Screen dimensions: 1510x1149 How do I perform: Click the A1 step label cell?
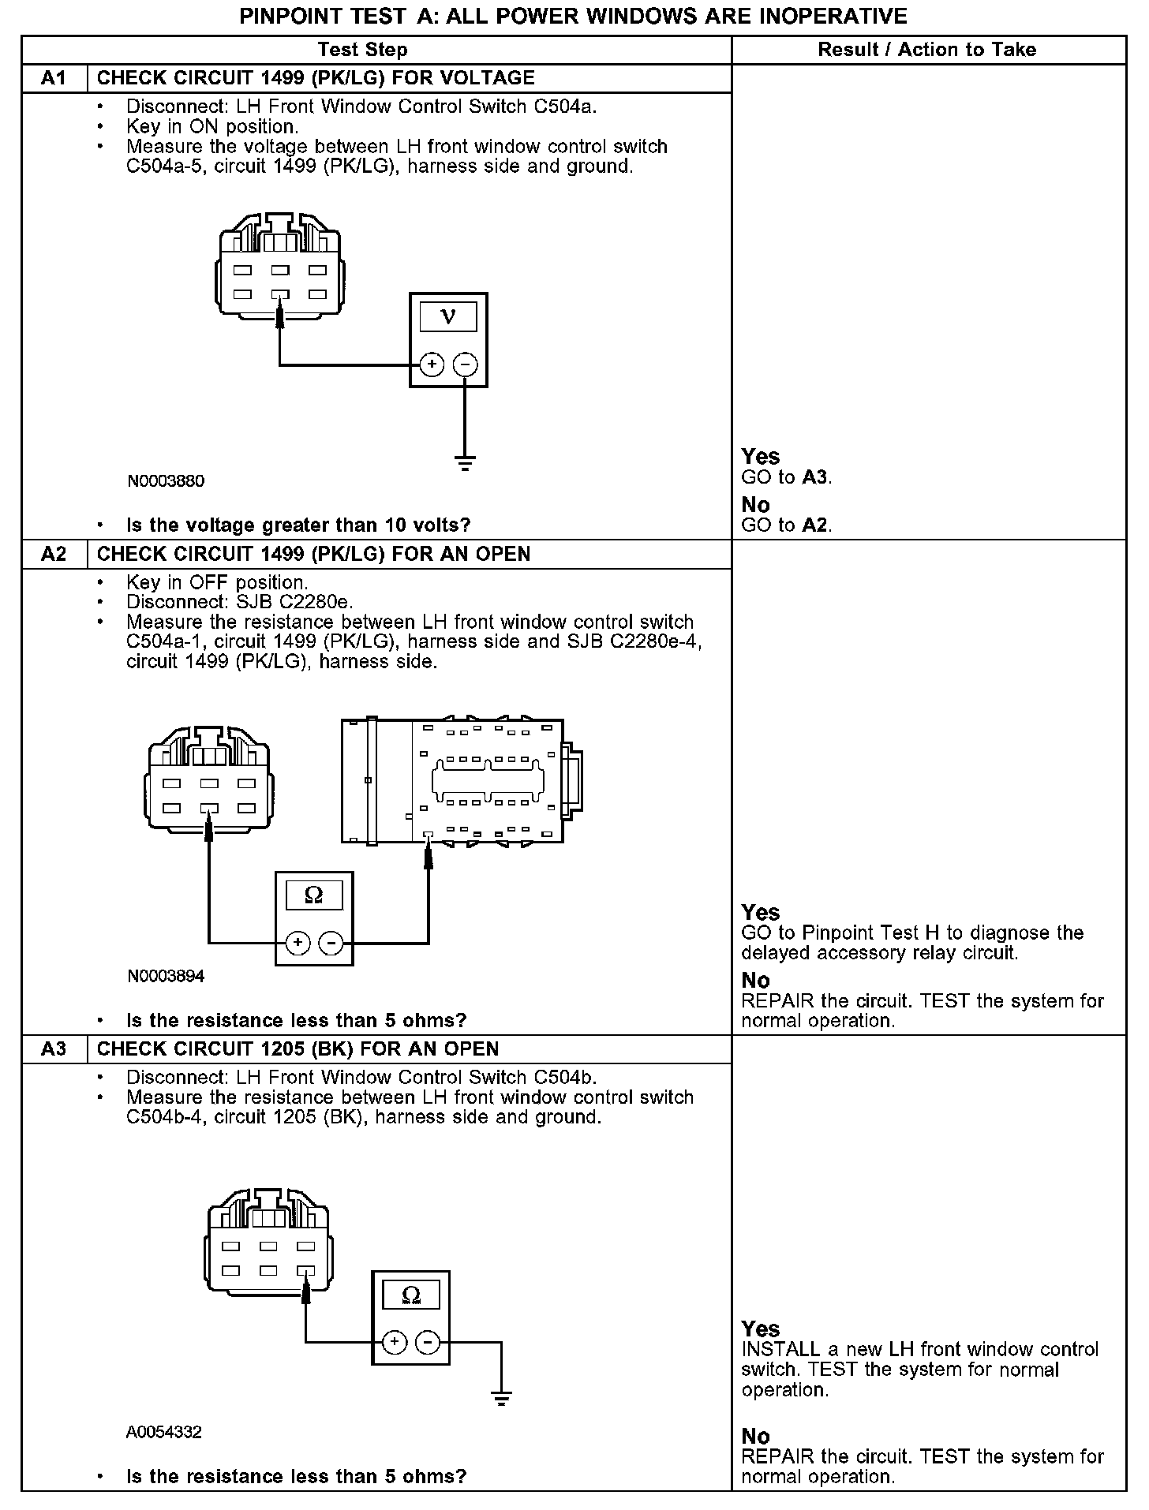click(54, 78)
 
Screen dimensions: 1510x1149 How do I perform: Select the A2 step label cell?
click(54, 554)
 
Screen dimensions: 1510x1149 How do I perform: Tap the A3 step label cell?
click(54, 1048)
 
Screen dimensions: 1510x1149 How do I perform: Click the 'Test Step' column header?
click(362, 50)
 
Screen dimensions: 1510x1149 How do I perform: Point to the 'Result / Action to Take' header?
click(926, 50)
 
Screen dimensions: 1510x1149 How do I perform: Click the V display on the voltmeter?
click(447, 316)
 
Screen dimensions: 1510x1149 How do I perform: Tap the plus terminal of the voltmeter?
click(432, 364)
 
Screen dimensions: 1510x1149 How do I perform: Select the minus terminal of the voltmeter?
click(465, 364)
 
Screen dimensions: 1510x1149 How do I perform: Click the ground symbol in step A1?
click(465, 463)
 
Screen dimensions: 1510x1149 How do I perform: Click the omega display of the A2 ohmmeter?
click(313, 895)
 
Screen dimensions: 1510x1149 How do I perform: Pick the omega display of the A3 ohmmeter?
click(410, 1295)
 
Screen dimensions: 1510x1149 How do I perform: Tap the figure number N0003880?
click(166, 481)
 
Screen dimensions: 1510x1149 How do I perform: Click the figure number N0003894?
click(166, 976)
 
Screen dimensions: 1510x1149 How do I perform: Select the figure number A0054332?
click(164, 1432)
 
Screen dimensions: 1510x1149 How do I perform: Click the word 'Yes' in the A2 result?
click(761, 913)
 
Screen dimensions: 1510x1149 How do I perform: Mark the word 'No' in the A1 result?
click(755, 505)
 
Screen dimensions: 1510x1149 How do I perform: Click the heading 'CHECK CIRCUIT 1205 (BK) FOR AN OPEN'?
click(298, 1048)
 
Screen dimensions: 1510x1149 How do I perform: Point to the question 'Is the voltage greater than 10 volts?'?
click(298, 525)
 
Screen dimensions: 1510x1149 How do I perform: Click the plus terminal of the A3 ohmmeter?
click(395, 1342)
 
